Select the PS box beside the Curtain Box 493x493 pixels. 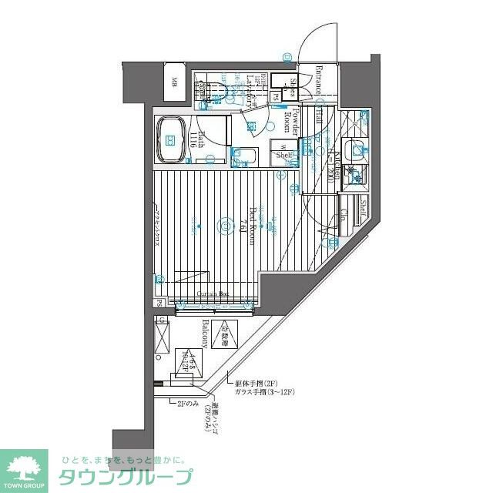click(159, 302)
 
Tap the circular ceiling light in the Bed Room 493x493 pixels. click(224, 226)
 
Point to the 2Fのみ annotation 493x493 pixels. click(188, 403)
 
